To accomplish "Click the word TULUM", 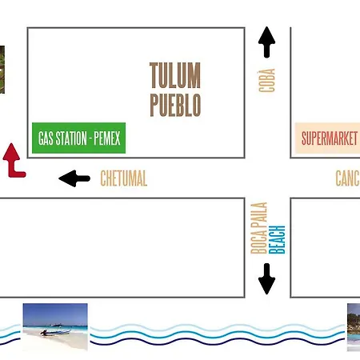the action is (175, 75).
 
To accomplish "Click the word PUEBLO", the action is (175, 105).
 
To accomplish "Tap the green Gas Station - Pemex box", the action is (78, 138).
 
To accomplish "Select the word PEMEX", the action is (107, 138).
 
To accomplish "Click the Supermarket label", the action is (330, 138).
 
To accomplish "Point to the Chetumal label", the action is (124, 178).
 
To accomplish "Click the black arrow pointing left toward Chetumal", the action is (74, 178).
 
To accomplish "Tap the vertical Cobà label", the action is (266, 80).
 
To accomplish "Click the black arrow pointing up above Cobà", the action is (266, 42).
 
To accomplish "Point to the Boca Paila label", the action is (259, 228).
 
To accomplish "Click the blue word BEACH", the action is (277, 239).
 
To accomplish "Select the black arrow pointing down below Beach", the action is (266, 278).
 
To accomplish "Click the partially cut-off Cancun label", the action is (347, 178).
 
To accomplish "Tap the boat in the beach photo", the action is (55, 331).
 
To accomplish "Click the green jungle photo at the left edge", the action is (2, 70).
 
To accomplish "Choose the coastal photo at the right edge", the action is (354, 327).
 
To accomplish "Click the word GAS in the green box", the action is (46, 138).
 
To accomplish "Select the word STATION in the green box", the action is (71, 138).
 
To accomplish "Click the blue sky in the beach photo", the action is (55, 314).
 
